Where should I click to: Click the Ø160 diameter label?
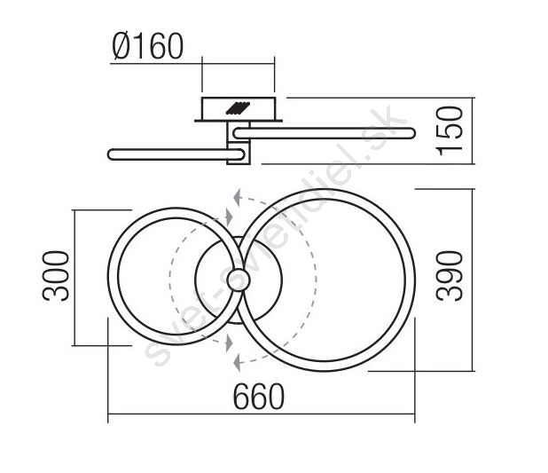[148, 46]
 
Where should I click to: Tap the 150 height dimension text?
[450, 130]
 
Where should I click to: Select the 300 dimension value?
[56, 276]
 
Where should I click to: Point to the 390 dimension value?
[450, 276]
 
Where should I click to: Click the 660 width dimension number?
[259, 397]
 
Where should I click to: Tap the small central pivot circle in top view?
[239, 280]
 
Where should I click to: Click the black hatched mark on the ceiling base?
[238, 108]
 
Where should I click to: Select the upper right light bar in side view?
[324, 133]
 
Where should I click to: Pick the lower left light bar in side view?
[176, 154]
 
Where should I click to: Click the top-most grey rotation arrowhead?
[238, 198]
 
